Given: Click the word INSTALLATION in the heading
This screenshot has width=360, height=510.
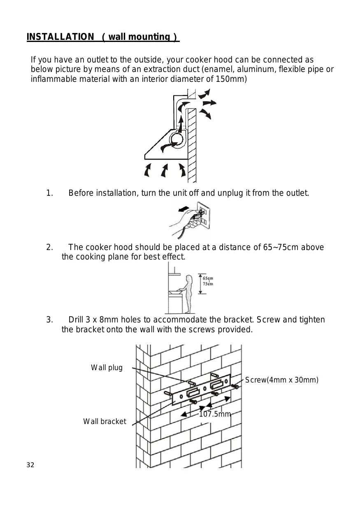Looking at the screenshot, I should click(60, 37).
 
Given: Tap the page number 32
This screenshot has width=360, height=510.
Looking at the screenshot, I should click(30, 465).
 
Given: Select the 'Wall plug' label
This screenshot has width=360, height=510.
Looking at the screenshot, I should click(107, 368).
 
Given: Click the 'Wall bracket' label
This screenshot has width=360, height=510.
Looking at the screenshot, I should click(105, 421).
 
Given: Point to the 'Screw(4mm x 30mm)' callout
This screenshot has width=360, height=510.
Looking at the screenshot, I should click(282, 380).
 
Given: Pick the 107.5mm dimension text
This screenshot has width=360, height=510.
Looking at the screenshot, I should click(215, 414).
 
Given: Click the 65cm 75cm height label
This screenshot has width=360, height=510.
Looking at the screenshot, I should click(207, 281).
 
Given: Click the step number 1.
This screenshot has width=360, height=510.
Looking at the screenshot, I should click(49, 193).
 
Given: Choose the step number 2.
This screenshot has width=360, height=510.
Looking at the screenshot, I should click(49, 247).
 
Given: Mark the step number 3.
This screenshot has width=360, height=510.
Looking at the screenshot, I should click(49, 320).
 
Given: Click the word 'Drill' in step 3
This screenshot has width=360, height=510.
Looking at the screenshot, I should click(77, 320).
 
